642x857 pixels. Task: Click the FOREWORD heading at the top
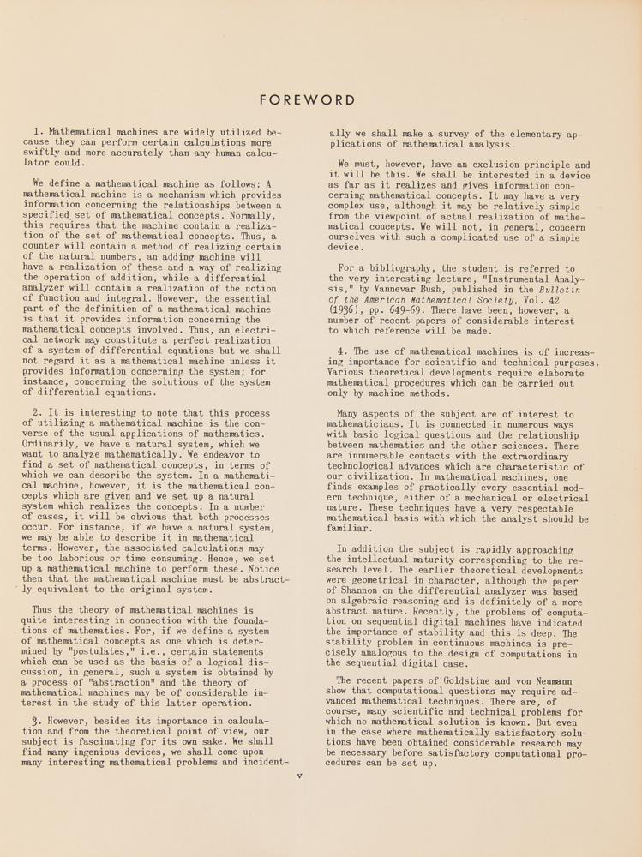click(x=307, y=100)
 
